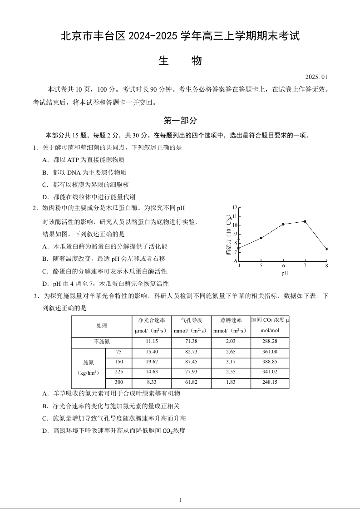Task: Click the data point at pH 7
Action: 305,221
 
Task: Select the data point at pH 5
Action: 261,238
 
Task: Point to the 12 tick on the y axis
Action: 235,207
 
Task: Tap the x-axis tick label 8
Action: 327,265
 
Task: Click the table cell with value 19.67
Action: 152,362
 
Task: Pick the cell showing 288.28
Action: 270,341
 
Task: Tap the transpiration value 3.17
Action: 231,362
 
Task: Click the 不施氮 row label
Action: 102,341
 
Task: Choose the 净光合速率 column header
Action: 152,320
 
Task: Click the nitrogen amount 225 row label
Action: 119,372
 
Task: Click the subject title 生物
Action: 180,61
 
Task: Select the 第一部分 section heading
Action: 180,121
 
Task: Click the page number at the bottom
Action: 180,500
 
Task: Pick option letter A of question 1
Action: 45,160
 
